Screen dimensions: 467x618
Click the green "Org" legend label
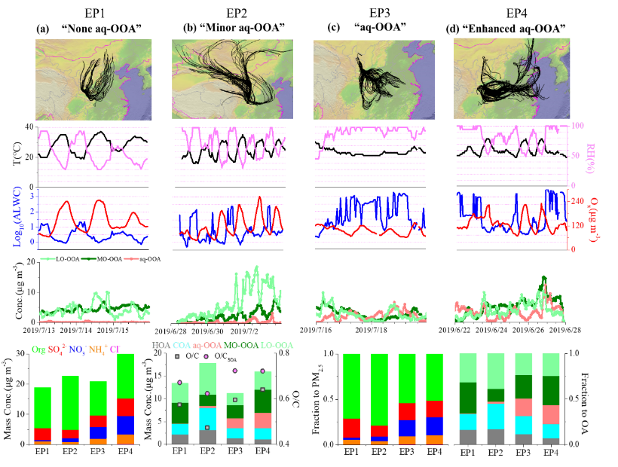pos(38,349)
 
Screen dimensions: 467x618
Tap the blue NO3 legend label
pos(78,349)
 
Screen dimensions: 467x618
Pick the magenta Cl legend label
pos(115,349)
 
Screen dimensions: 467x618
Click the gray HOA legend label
pos(161,345)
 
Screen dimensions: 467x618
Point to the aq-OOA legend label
pos(208,345)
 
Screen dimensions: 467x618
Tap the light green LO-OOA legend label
pos(277,345)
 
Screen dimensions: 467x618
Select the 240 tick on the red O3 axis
pos(577,201)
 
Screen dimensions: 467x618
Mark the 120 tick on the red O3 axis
pos(577,225)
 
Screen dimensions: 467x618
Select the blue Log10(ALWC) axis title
pos(17,218)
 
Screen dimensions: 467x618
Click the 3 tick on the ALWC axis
pos(32,195)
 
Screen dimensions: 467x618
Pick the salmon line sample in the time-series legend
pos(131,258)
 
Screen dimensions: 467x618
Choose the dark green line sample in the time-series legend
pos(89,258)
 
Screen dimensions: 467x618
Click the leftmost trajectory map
pos(93,79)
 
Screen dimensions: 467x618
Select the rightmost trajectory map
pos(512,78)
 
